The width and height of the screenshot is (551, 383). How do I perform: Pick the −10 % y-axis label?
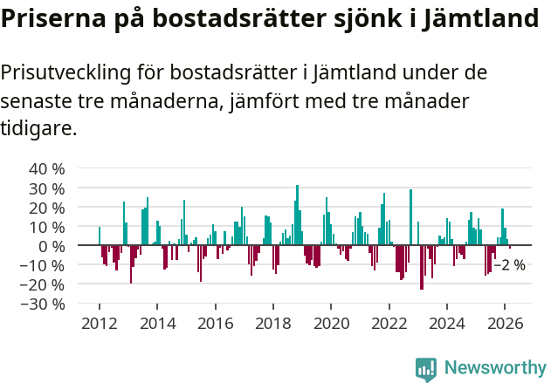point(43,265)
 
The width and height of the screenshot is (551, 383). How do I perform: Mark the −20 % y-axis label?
point(43,284)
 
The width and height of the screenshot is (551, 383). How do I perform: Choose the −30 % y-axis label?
point(43,304)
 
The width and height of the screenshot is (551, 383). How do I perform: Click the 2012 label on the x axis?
point(99,324)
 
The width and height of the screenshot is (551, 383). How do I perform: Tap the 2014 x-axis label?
point(157,324)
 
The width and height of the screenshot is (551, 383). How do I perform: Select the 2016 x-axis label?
point(215,324)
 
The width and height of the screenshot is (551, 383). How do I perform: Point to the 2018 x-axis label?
point(273,324)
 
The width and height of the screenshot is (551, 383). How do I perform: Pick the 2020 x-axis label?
point(331,324)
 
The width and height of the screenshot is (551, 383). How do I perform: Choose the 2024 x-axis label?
point(447,324)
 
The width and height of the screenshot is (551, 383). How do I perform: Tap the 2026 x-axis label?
point(506,324)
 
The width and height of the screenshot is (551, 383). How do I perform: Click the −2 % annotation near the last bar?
point(509,265)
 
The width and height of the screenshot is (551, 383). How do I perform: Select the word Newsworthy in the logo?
point(495,369)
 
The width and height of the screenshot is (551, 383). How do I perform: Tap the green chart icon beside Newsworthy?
point(426,369)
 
